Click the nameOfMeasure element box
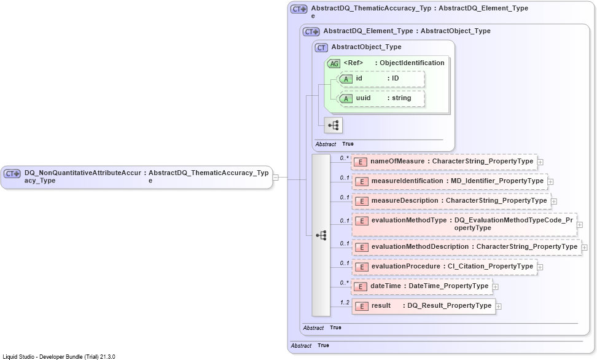coord(444,162)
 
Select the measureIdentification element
coord(450,181)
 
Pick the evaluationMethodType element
coord(464,225)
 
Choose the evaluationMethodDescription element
coord(467,247)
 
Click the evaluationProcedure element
coord(445,267)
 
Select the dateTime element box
coord(422,286)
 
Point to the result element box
coord(424,306)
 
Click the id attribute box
coord(382,79)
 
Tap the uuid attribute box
coord(382,99)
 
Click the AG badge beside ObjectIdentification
coord(334,64)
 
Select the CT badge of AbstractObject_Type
coord(321,48)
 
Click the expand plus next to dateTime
coord(495,286)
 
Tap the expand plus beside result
coord(498,307)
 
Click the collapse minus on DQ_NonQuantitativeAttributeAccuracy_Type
coord(276,178)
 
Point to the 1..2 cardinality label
coord(345,302)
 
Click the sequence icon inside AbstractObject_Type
coord(333,125)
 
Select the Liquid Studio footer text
coord(59,357)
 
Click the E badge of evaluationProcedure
coord(361,267)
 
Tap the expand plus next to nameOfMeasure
coord(540,162)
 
